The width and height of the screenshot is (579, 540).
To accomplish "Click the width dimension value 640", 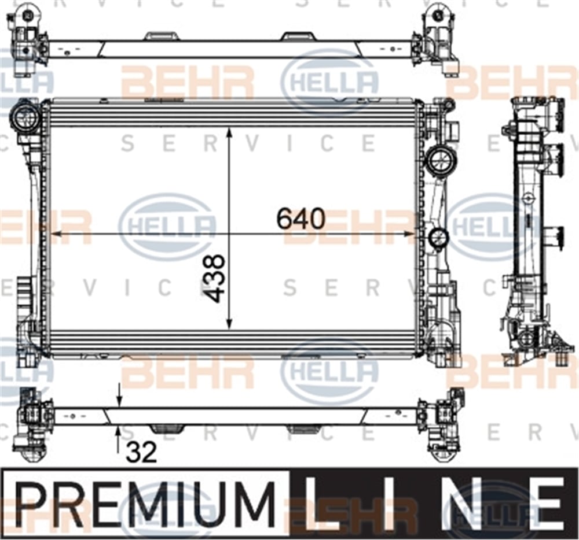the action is point(301,219).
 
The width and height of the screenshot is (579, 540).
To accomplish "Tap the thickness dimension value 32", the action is point(141,452).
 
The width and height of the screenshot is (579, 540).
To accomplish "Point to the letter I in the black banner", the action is point(388,504).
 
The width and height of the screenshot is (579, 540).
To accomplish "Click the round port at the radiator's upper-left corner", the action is point(25,117).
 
